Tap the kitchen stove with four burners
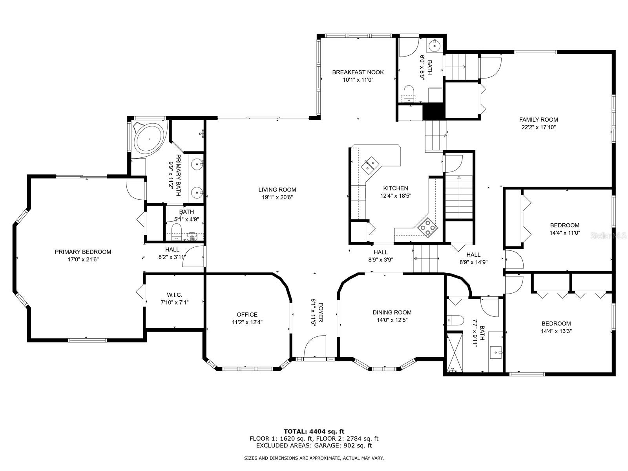428,228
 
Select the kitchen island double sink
370,165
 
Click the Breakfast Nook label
358,72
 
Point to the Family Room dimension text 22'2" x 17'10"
539,127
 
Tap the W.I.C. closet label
175,295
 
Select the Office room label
247,314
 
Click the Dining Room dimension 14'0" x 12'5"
392,320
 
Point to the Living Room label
277,190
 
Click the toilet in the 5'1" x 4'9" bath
177,231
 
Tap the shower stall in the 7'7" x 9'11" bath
455,352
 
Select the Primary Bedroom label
83,252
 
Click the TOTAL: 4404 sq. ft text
314,431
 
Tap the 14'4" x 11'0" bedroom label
565,229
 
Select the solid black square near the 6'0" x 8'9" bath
433,111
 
